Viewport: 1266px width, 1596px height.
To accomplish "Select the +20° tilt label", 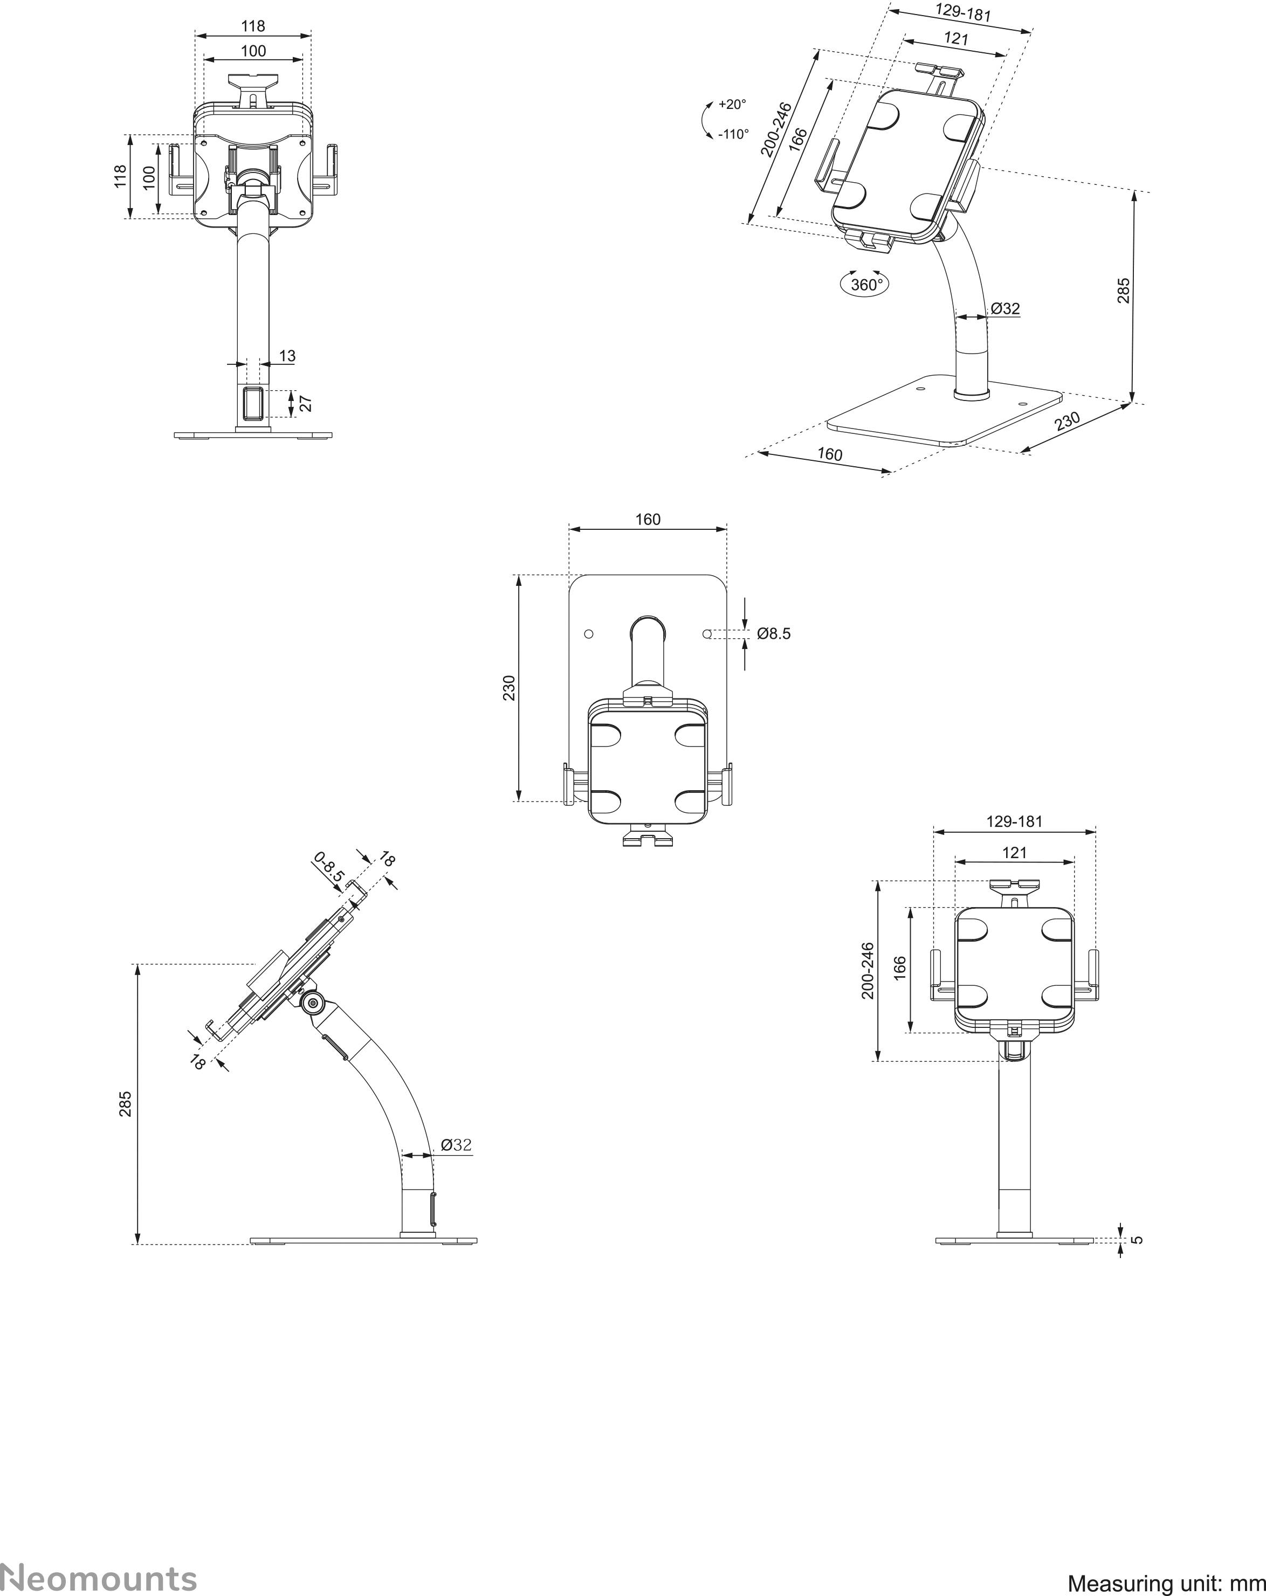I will click(732, 105).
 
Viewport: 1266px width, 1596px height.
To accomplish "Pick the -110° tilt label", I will click(733, 135).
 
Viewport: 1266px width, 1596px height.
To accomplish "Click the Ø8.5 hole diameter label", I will click(774, 634).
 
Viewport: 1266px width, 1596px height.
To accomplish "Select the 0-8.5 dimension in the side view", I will click(329, 867).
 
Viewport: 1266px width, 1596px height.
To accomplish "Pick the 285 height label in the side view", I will click(126, 1104).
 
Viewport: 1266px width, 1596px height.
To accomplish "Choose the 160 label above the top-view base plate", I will click(648, 520).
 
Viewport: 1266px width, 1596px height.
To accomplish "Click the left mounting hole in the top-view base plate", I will click(589, 634).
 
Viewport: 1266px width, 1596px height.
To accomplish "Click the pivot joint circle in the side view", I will click(312, 1004).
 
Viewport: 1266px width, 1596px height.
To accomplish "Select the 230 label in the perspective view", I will click(1067, 421).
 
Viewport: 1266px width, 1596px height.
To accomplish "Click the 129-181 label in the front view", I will click(1014, 821).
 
